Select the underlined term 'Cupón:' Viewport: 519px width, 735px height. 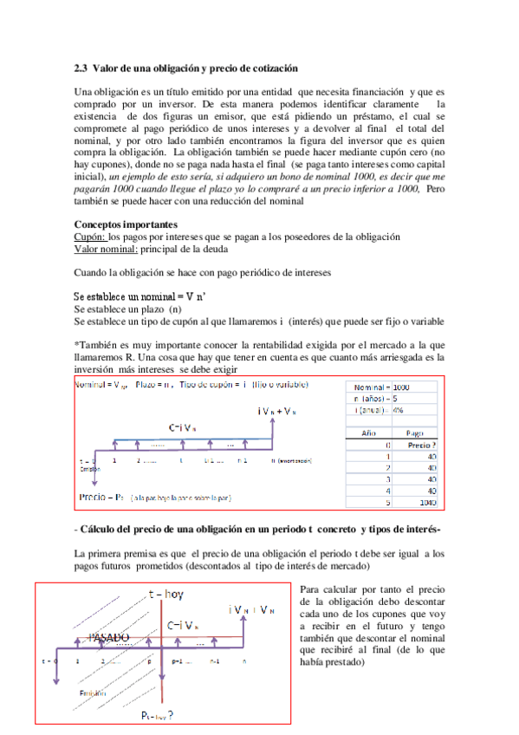[x=90, y=237]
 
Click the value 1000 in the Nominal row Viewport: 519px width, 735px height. [x=401, y=387]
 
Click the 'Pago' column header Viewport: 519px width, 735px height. [x=414, y=431]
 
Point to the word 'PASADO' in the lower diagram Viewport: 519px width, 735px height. [x=108, y=638]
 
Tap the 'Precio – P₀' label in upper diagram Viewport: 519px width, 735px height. [x=101, y=498]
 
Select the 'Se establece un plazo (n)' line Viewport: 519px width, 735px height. [x=128, y=309]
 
